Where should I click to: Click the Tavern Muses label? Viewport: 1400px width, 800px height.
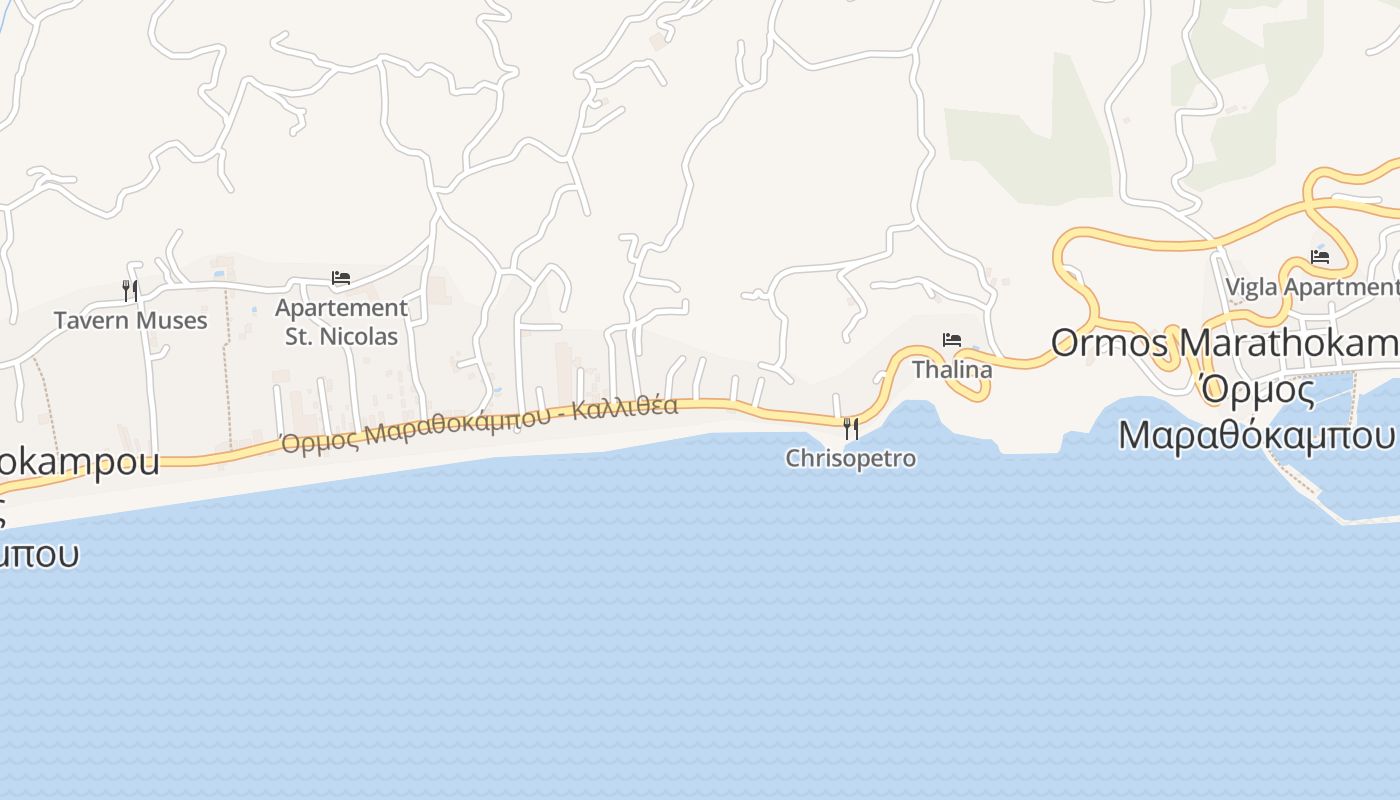pyautogui.click(x=130, y=320)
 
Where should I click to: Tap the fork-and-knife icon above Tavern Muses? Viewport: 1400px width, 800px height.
pyautogui.click(x=130, y=290)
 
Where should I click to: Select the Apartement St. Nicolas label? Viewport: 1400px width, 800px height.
pyautogui.click(x=341, y=322)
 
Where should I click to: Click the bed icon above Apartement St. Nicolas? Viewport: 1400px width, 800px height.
pyautogui.click(x=341, y=278)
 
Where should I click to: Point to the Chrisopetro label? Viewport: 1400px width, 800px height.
pyautogui.click(x=850, y=458)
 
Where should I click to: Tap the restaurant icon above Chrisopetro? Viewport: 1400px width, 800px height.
pyautogui.click(x=851, y=429)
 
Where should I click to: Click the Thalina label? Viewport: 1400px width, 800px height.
pyautogui.click(x=952, y=369)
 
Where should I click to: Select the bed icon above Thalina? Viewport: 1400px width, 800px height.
pyautogui.click(x=952, y=340)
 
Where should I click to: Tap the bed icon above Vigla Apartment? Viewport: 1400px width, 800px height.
pyautogui.click(x=1320, y=257)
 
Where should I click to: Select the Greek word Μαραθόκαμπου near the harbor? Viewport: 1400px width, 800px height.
pyautogui.click(x=1256, y=435)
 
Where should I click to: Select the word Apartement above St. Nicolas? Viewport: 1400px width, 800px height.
pyautogui.click(x=341, y=307)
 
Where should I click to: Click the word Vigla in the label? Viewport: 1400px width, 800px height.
pyautogui.click(x=1251, y=287)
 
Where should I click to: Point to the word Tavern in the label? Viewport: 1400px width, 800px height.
pyautogui.click(x=91, y=320)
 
